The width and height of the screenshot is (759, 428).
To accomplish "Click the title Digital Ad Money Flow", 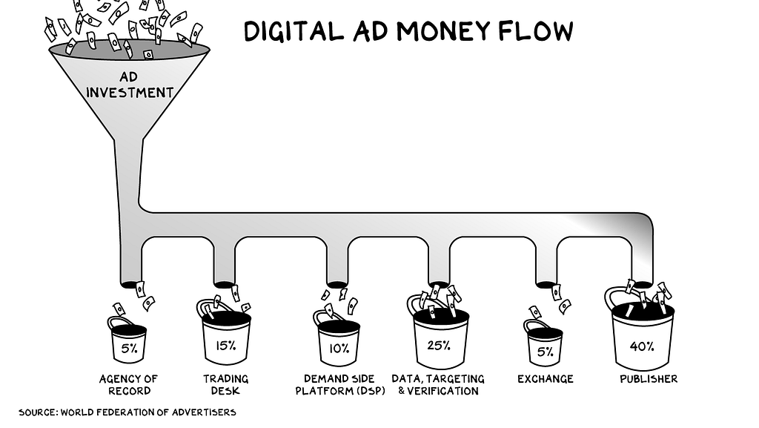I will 408,31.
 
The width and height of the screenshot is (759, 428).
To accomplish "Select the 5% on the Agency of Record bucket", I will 129,346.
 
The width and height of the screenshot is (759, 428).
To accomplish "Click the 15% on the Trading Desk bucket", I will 226,344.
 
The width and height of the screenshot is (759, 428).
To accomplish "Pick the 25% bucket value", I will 440,344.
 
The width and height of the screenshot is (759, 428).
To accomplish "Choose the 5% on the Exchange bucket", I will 545,351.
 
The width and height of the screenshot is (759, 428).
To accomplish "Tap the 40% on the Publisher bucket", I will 642,346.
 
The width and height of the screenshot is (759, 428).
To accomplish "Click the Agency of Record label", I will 130,384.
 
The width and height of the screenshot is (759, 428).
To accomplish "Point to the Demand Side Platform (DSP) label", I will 340,384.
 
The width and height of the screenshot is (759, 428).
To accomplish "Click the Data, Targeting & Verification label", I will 438,384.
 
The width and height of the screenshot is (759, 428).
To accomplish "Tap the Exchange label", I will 546,379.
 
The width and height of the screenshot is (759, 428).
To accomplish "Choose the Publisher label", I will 649,379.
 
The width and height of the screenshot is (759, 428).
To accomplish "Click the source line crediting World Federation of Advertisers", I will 127,412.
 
